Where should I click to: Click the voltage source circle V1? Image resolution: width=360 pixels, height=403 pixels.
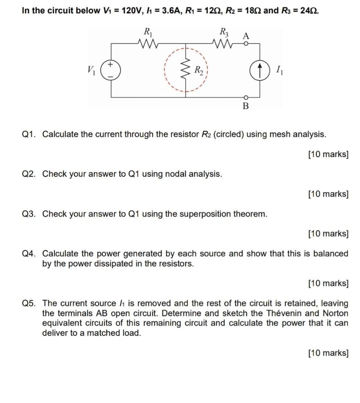point(111,70)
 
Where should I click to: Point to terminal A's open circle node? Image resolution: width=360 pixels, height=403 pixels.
point(246,44)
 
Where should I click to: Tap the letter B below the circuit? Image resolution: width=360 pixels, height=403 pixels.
point(246,106)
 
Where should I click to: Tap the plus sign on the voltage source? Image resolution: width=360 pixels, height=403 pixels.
point(111,64)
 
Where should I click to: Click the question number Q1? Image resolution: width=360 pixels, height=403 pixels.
point(30,135)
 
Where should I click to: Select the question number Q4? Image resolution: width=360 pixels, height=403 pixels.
point(30,254)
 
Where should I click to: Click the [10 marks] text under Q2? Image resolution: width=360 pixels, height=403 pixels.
point(329,194)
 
